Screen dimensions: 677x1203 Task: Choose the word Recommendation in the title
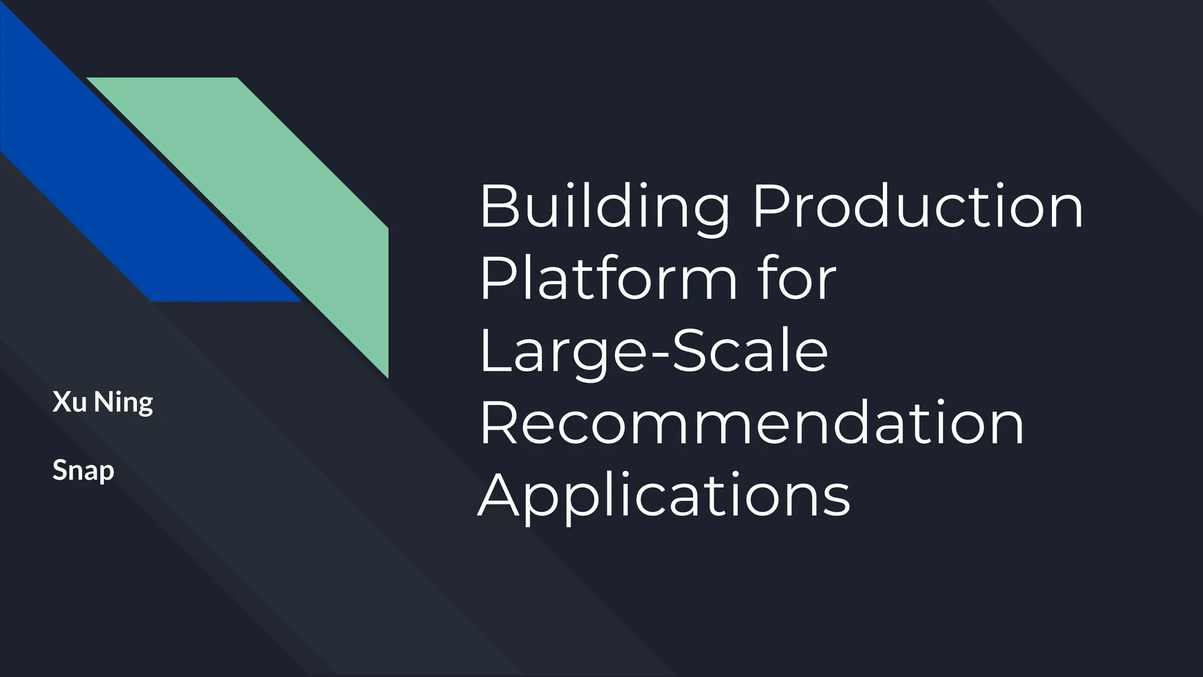click(x=752, y=423)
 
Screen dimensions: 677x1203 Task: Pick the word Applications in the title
click(x=664, y=495)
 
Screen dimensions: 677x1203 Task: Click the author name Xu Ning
click(x=103, y=403)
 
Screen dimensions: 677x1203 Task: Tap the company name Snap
click(x=83, y=471)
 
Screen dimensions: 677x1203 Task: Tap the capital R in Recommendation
click(x=498, y=423)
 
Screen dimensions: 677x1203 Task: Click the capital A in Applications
click(x=499, y=495)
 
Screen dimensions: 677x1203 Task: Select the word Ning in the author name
click(x=123, y=403)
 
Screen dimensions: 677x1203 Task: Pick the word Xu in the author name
click(x=69, y=403)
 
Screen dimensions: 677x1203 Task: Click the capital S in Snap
click(x=59, y=470)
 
